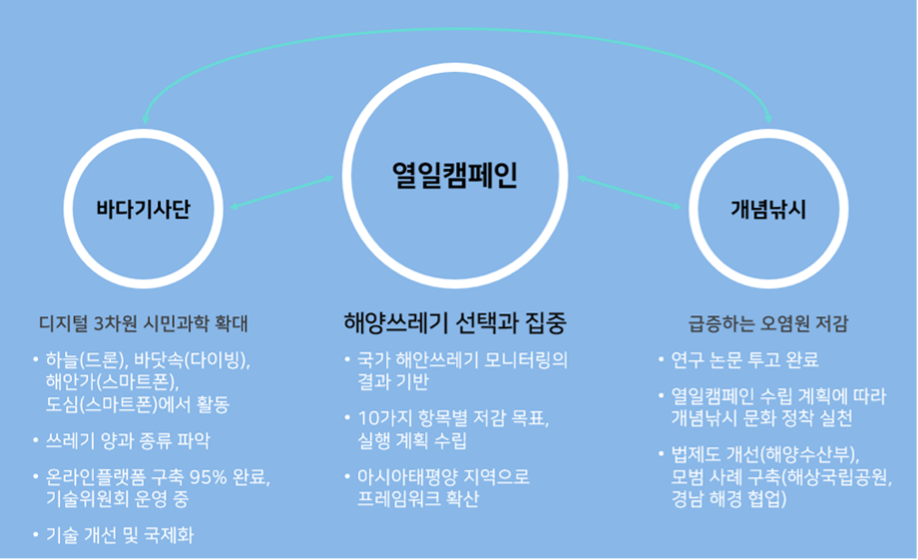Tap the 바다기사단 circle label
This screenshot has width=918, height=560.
(144, 210)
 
